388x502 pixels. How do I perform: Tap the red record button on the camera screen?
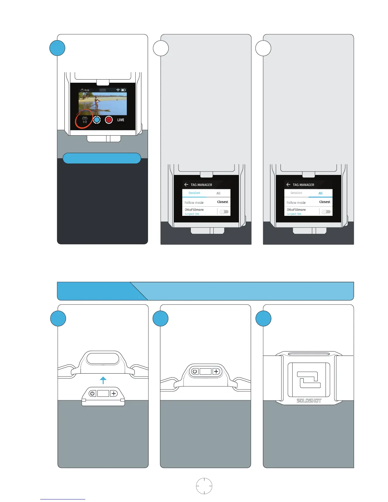[109, 120]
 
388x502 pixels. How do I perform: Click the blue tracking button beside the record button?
[97, 120]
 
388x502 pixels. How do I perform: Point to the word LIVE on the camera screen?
[121, 120]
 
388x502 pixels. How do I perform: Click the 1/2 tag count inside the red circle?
[85, 122]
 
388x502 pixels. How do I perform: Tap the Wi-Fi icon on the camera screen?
[118, 90]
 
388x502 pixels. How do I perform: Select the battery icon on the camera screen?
[123, 90]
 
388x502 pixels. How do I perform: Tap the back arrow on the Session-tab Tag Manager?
[186, 184]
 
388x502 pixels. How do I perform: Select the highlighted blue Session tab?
[194, 193]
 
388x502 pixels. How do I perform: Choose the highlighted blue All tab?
[320, 193]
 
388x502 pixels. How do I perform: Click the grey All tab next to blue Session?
[218, 193]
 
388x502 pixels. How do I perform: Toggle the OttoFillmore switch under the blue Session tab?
[224, 211]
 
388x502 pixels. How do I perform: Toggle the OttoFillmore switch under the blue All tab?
[326, 211]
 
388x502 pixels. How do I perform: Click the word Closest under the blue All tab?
[325, 202]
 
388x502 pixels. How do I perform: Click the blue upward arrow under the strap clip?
[103, 380]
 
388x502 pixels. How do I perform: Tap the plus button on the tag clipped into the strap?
[216, 371]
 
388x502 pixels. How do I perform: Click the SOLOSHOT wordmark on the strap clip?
[309, 401]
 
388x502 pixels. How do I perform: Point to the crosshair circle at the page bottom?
[204, 486]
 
